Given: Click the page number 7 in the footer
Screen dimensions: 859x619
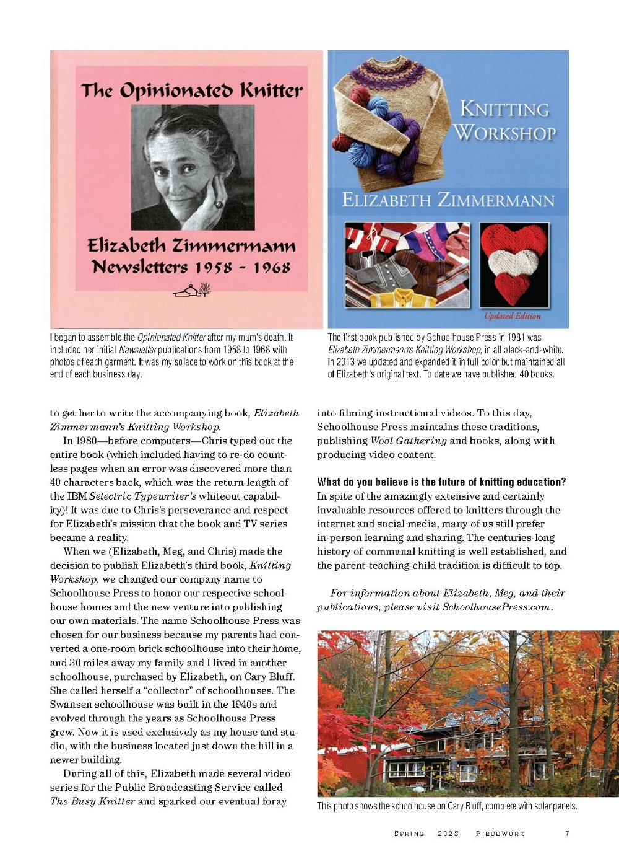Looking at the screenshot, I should point(567,834).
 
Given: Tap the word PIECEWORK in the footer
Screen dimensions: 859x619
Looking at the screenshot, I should point(500,834).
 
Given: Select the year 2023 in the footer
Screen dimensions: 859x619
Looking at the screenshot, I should point(448,834).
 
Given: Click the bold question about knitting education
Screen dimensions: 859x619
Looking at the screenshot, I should point(441,482).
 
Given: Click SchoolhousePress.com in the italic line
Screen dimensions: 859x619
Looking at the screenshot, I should point(496,607).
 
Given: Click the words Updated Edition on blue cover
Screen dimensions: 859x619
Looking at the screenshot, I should point(513,316).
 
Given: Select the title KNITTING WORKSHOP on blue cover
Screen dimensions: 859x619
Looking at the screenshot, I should point(504,121).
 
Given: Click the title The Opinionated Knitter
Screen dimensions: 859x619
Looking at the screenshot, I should point(192,91).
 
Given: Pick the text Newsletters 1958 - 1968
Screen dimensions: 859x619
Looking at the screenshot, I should point(191,267).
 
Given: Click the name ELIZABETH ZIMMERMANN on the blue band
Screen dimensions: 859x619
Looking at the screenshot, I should point(448,200).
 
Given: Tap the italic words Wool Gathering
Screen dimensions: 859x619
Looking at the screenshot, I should point(409,441).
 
